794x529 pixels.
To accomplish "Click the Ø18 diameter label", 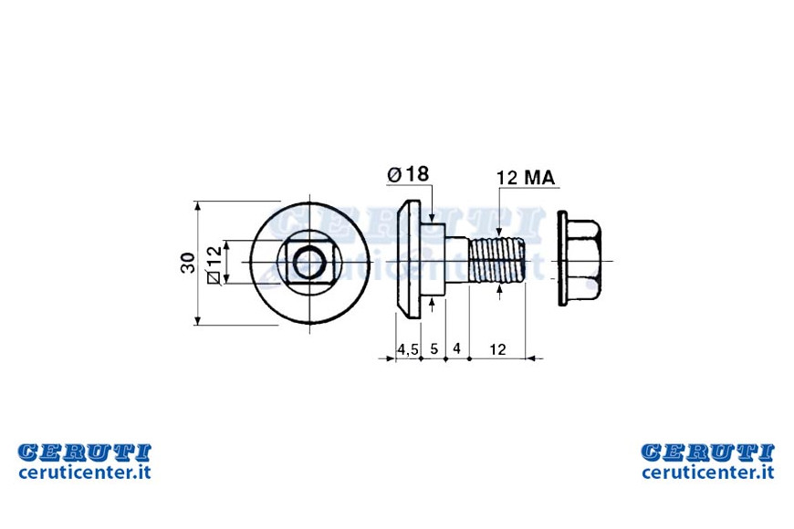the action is (408, 174).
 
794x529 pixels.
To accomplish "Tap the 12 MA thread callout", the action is (526, 178).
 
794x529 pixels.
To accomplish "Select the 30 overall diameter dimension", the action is (188, 263).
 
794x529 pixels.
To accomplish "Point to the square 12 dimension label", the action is (214, 264).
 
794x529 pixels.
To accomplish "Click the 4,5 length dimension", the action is (408, 349).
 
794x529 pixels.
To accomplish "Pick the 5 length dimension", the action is (434, 348).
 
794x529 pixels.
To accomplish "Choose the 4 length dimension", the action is (456, 348).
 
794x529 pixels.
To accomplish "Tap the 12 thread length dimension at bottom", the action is (497, 349).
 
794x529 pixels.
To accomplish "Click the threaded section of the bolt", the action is (497, 262).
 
